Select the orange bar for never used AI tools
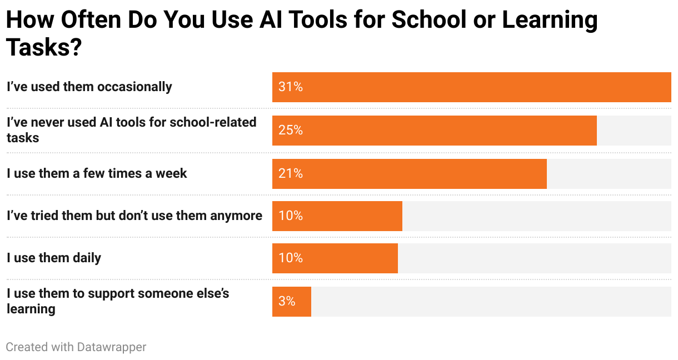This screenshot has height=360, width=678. click(x=434, y=131)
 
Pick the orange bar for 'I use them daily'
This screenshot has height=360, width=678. click(x=335, y=258)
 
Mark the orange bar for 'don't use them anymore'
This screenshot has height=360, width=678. click(x=337, y=216)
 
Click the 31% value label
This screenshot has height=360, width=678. click(x=291, y=87)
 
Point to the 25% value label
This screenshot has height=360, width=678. click(x=291, y=131)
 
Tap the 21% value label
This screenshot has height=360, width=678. click(x=291, y=174)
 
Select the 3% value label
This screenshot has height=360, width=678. click(x=287, y=302)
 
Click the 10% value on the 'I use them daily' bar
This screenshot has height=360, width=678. click(x=291, y=258)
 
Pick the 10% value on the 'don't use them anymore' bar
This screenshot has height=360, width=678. click(x=291, y=216)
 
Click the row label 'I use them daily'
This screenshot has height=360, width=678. click(x=54, y=258)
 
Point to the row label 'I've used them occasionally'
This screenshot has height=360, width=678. click(x=89, y=87)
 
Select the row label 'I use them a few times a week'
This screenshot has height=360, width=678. click(x=97, y=174)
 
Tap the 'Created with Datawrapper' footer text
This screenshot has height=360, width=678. click(x=76, y=347)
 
